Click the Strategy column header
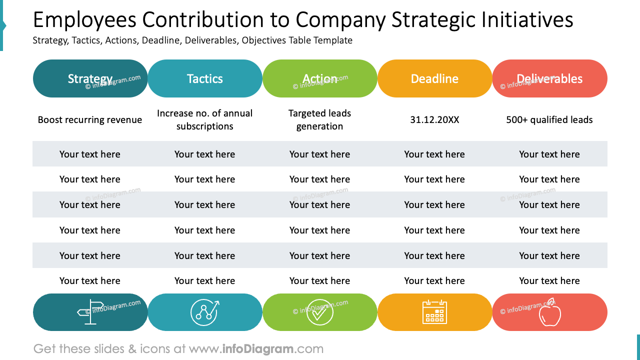90,78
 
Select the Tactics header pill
205,78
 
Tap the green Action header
320,78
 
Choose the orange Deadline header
434,78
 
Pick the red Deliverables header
549,78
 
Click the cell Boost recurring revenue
90,120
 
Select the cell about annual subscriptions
205,120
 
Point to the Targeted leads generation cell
320,120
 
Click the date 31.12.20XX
434,120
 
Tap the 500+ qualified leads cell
549,120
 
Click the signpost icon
90,312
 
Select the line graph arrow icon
205,312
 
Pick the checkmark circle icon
320,312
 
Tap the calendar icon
434,312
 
